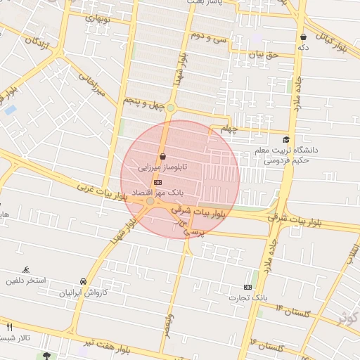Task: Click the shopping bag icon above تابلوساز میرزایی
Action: pos(163,156)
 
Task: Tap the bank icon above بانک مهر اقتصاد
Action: pos(157,181)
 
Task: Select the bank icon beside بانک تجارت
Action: pos(247,287)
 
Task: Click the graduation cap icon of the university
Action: pos(286,139)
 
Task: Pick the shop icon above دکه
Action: pos(303,37)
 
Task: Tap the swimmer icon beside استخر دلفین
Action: pos(26,269)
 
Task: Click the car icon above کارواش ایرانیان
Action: pos(84,281)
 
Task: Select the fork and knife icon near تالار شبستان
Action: pos(9,327)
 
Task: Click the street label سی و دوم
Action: pos(209,37)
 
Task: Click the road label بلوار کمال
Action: pos(332,42)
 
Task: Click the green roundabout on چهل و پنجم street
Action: pos(170,108)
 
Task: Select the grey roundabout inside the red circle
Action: pos(150,202)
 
